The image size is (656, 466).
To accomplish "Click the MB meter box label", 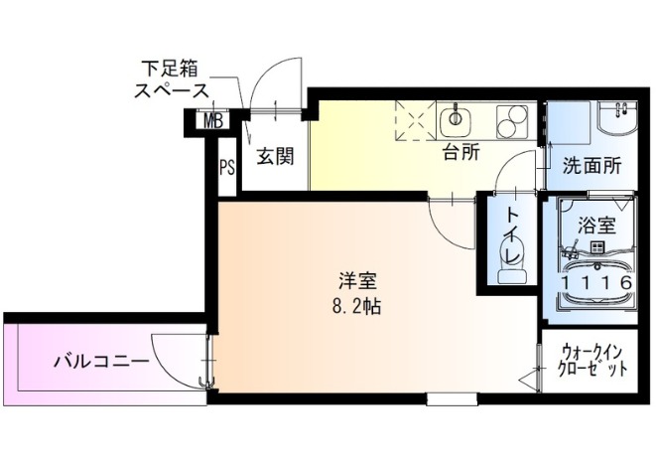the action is [x=213, y=121].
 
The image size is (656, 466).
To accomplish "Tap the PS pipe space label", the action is [x=227, y=168].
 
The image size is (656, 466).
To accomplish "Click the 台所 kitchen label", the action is [x=461, y=153].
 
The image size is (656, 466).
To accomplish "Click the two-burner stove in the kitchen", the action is [x=511, y=121].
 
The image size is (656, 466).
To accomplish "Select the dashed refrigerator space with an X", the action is [x=415, y=120].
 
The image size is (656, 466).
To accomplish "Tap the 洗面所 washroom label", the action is [x=592, y=166].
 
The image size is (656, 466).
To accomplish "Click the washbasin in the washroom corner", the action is [x=617, y=117].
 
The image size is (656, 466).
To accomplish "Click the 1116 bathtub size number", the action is [x=596, y=283].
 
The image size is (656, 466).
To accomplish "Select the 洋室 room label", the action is [x=357, y=281].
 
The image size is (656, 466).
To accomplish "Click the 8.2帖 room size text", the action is [x=356, y=307].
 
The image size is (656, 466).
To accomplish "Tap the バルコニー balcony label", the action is [x=101, y=361].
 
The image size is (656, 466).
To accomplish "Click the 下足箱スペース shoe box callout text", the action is [x=171, y=78].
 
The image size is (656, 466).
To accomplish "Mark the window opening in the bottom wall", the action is [x=452, y=399].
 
